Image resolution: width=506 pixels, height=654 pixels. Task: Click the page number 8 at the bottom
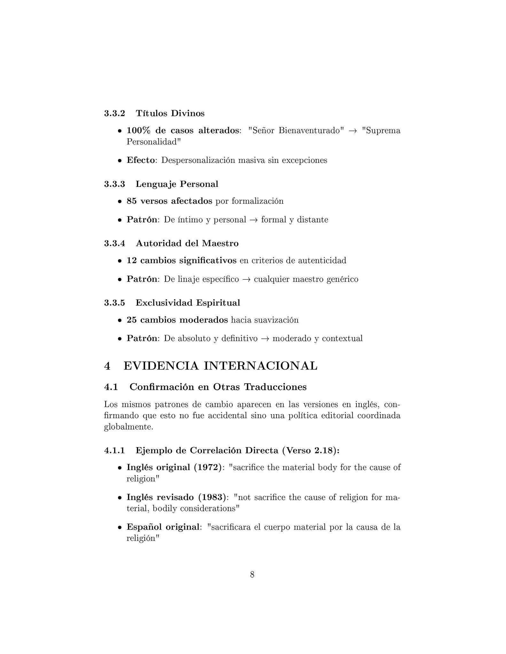pos(252,575)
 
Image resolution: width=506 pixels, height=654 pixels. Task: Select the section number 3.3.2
pos(114,113)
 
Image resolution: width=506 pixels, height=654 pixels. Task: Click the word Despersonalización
pos(199,160)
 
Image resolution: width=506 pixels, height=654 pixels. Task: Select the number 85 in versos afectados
pos(132,201)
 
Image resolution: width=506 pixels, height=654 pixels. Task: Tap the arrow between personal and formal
pos(253,220)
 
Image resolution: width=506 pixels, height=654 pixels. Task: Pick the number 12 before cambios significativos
pos(132,261)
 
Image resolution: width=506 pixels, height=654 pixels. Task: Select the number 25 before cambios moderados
pos(132,320)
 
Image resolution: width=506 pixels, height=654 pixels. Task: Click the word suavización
pos(276,320)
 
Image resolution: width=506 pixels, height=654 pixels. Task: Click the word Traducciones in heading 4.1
pos(275,387)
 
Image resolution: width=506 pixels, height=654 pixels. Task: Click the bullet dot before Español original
pos(120,528)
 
